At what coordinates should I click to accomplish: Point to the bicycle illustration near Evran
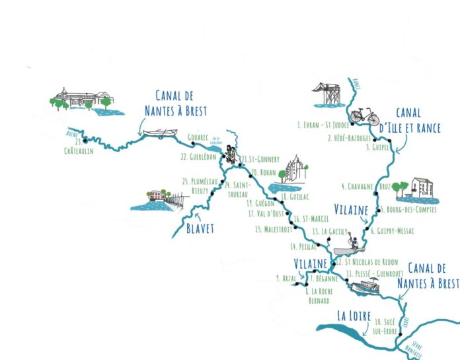click(x=365, y=116)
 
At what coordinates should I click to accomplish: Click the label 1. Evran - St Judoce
click(x=323, y=124)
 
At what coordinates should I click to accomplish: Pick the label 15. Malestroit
click(x=275, y=229)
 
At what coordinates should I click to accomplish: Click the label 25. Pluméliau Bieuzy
click(x=199, y=186)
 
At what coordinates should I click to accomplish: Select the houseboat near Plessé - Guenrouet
click(x=365, y=287)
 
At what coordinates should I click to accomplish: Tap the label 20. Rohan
click(x=263, y=172)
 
